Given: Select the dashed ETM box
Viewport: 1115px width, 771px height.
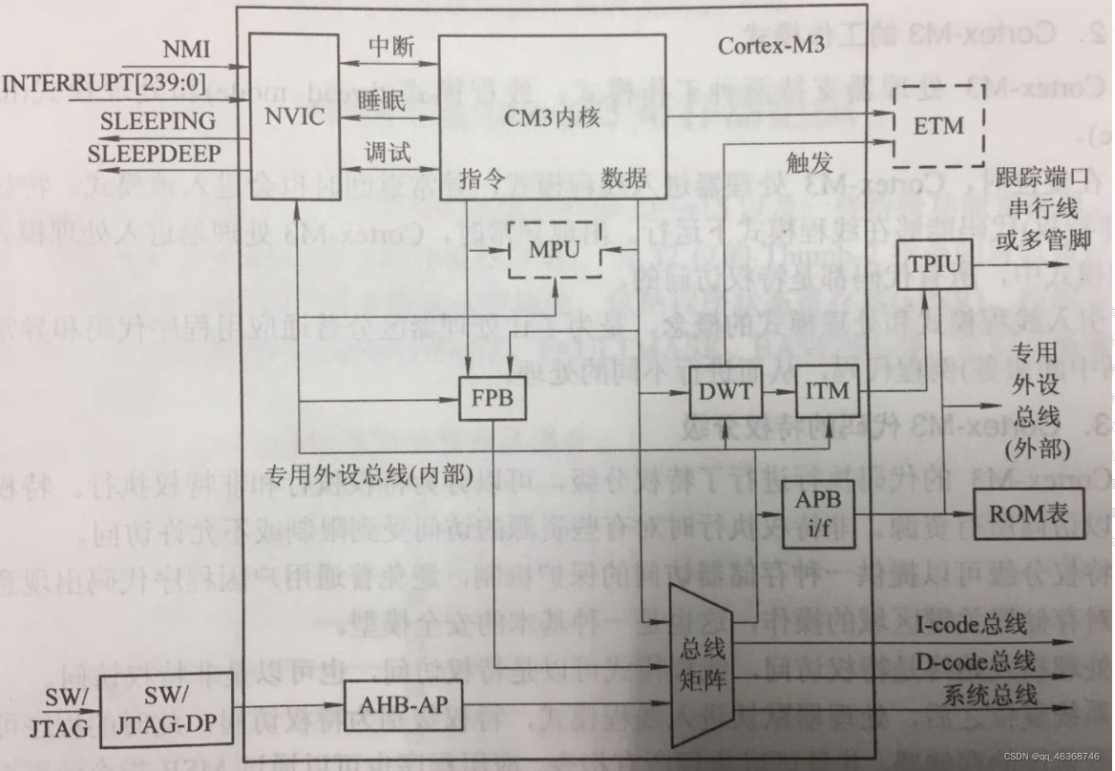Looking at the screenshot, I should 938,125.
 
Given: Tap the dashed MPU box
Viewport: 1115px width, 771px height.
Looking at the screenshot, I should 556,248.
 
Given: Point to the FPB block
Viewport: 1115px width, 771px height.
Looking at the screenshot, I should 494,397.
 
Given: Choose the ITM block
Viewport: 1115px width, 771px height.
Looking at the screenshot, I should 826,390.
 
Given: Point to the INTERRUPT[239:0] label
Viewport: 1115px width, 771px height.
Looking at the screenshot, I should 106,83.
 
